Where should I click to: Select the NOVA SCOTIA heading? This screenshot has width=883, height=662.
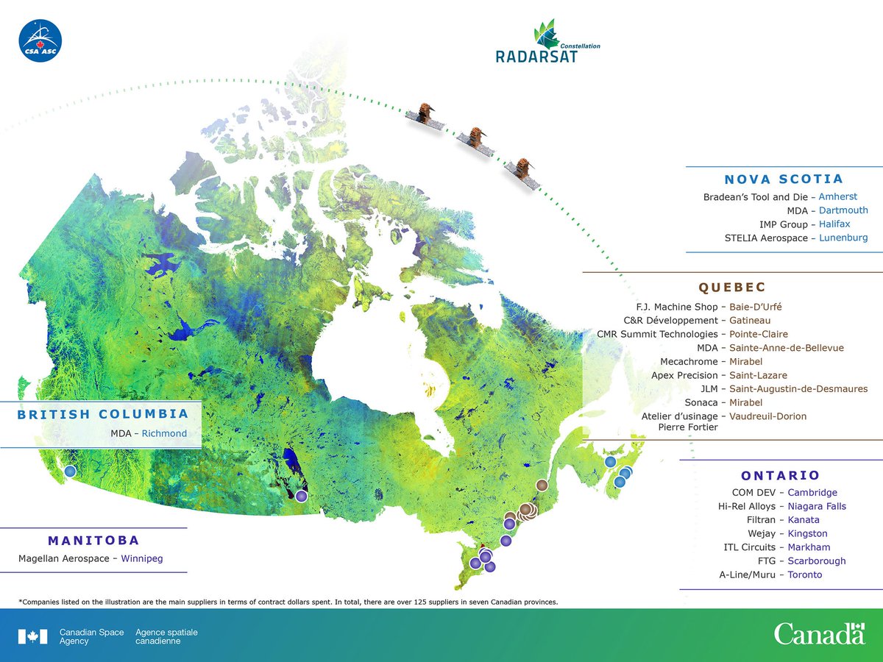pos(783,179)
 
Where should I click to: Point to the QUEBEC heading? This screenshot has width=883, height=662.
pos(732,287)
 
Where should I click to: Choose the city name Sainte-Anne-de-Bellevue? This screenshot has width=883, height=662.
pos(786,347)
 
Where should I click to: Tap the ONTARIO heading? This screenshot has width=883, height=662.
pos(780,475)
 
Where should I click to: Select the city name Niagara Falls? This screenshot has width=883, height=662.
pos(817,506)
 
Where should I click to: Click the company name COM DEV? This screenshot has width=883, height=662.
pos(754,492)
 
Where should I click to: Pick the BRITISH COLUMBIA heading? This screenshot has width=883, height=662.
pos(103,414)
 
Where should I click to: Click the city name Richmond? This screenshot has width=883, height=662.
pos(164,434)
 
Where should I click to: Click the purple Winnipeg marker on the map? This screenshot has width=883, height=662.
pos(301,496)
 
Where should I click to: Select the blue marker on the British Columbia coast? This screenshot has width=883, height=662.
pos(70,471)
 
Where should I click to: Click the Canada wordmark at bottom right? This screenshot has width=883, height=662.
pos(818,633)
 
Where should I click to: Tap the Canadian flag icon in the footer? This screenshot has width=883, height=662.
pos(32,636)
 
